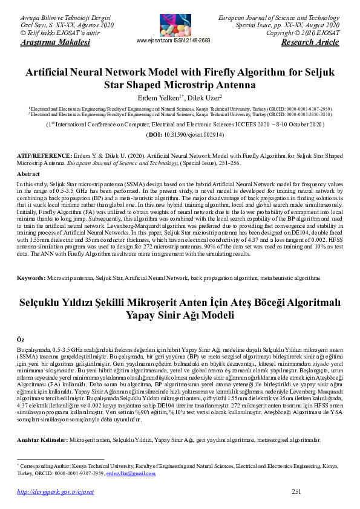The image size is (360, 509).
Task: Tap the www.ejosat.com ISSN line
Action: tap(174, 41)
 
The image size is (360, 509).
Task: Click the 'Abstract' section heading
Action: tap(28, 173)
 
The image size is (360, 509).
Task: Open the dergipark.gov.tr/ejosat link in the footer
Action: tap(56, 493)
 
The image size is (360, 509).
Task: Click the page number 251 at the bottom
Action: tap(296, 492)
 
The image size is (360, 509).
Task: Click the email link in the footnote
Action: tap(139, 473)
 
